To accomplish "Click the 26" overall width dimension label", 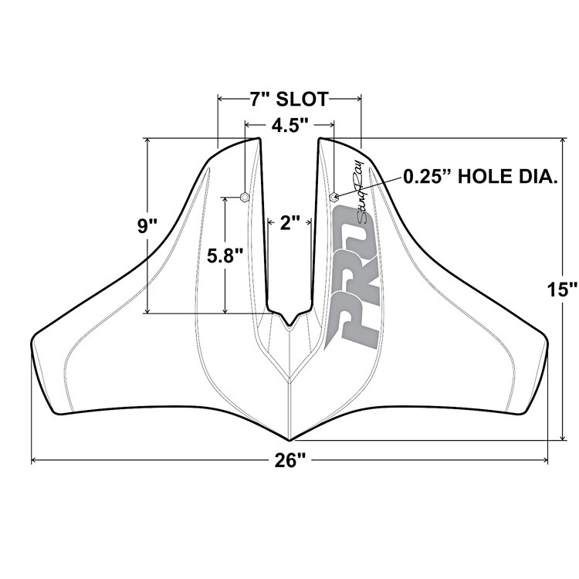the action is point(289,460).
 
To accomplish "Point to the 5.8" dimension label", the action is point(225,256).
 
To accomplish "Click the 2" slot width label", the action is point(289,222).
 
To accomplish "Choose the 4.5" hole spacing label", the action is point(289,126).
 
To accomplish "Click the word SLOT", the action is point(302,99).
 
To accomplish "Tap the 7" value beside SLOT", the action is point(259,99).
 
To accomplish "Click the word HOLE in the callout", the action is point(484,177).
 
